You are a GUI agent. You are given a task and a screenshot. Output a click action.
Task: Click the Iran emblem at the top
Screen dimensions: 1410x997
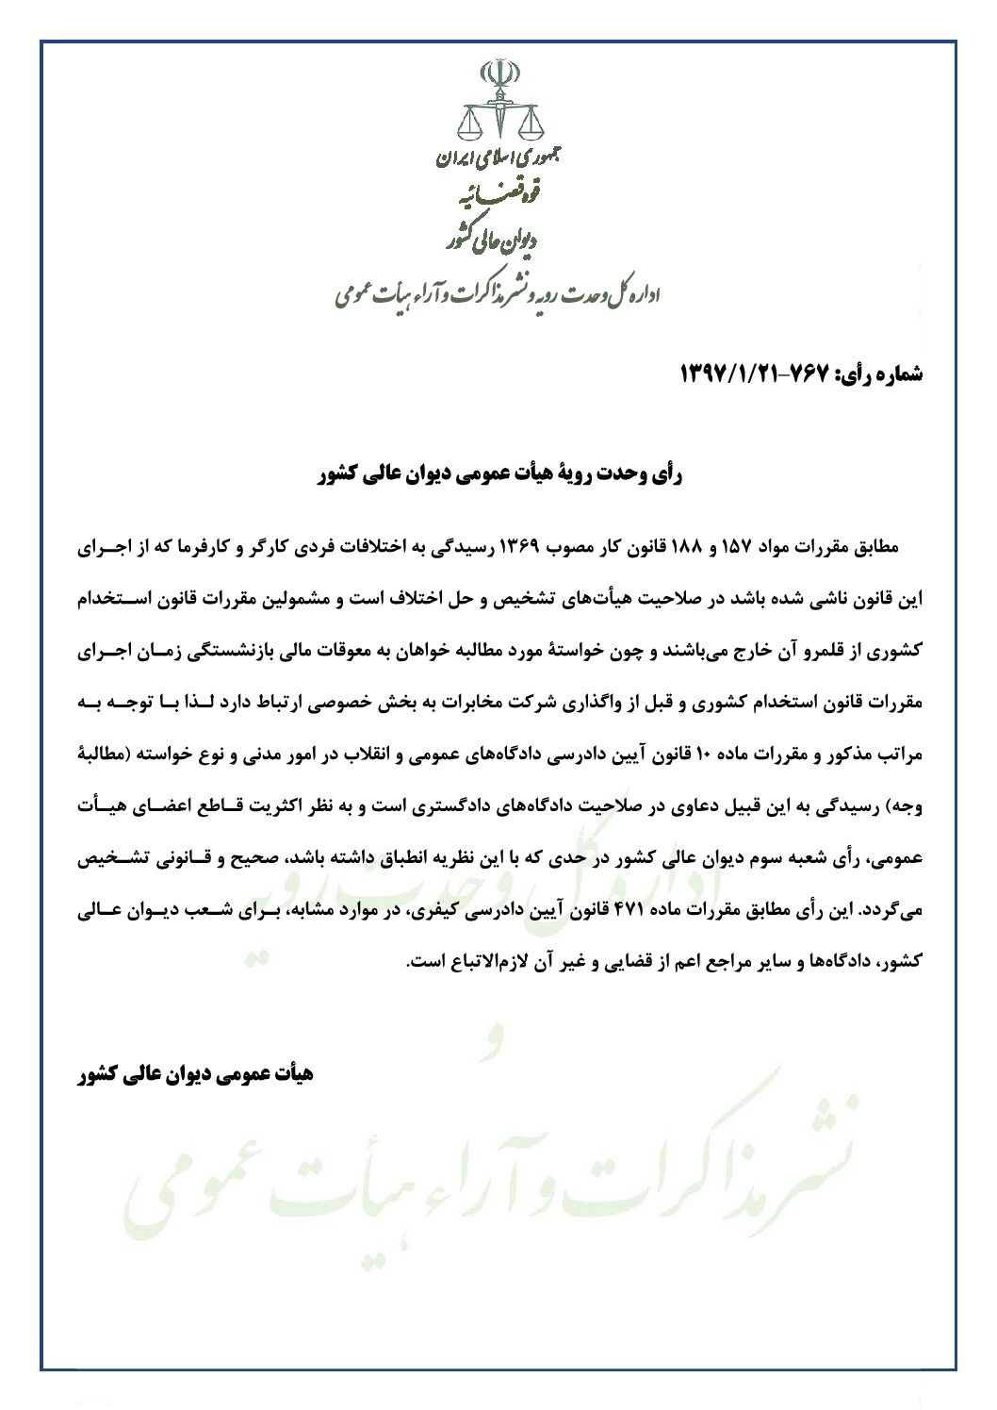(x=498, y=73)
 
